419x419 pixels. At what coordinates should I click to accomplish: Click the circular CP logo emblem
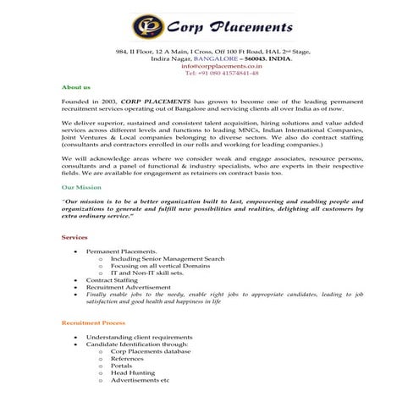[x=147, y=27]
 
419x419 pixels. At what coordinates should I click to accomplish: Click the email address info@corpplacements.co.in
[x=209, y=66]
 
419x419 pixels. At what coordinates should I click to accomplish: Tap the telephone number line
[x=209, y=74]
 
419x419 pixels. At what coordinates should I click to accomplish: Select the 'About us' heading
[x=76, y=87]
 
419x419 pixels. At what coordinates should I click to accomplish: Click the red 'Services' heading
[x=74, y=237]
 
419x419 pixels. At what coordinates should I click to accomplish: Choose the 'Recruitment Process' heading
[x=93, y=323]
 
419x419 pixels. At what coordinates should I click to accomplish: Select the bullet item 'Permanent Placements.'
[x=122, y=251]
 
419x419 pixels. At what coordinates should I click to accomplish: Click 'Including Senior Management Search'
[x=168, y=259]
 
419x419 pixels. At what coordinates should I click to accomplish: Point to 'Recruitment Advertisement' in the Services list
[x=128, y=287]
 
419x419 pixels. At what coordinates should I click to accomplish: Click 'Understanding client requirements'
[x=139, y=337]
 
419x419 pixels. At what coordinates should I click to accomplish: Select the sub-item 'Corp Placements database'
[x=151, y=351]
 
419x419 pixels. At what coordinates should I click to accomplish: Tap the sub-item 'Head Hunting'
[x=133, y=372]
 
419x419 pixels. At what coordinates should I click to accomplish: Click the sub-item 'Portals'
[x=121, y=366]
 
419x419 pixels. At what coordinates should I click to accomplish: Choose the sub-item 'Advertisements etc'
[x=140, y=380]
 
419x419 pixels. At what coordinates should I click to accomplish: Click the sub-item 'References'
[x=127, y=358]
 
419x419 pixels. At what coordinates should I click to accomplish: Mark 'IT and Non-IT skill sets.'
[x=147, y=273]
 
